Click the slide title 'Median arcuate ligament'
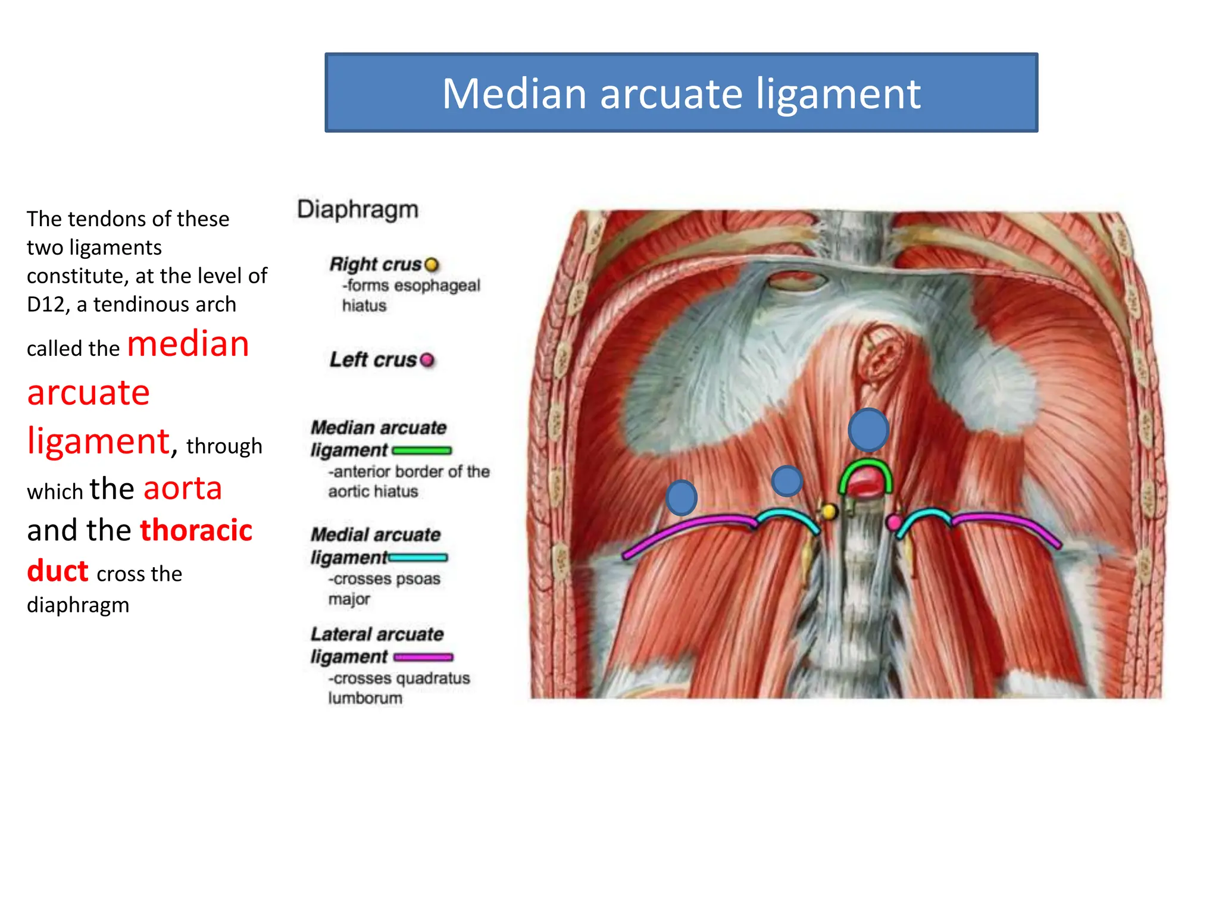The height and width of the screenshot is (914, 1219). (681, 93)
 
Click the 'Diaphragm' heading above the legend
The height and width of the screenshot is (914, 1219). (358, 209)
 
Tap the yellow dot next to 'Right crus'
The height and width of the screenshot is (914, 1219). (432, 264)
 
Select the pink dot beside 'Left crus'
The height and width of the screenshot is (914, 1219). (427, 360)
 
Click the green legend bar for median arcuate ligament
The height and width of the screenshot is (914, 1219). (422, 450)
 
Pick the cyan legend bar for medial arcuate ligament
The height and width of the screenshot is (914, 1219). (418, 558)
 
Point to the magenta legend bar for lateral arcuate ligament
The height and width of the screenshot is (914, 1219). (423, 657)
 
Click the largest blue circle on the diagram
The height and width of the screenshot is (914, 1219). (868, 430)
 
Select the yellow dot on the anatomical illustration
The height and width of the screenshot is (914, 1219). (829, 511)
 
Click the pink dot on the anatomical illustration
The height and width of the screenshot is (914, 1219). (893, 522)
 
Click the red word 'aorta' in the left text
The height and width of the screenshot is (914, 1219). (183, 489)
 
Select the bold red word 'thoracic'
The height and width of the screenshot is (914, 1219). (196, 530)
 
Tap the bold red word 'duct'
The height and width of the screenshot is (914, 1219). (58, 571)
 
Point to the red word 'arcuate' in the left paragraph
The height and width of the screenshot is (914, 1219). (88, 393)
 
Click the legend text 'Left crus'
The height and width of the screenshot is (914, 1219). (373, 360)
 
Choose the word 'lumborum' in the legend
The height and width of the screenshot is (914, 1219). (365, 698)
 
